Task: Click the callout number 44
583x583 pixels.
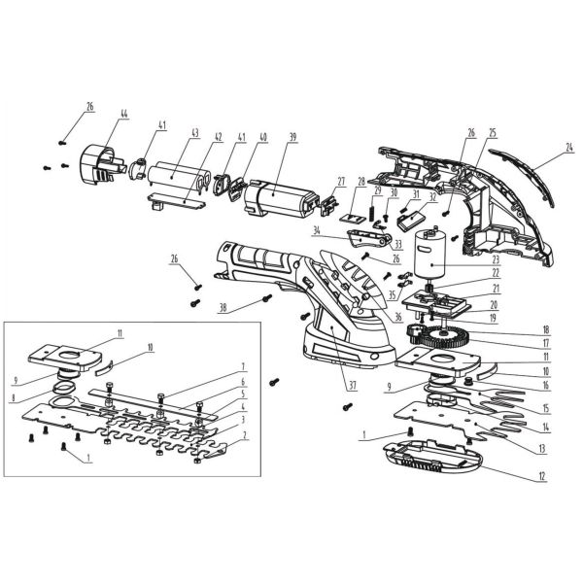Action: coord(123,114)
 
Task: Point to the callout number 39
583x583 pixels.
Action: coord(292,139)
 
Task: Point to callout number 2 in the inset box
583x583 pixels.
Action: coord(246,438)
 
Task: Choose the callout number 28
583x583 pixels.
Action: coord(360,182)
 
